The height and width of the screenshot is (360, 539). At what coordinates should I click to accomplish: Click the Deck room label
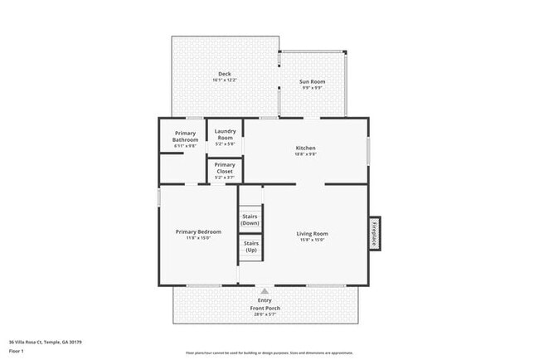tap(225, 74)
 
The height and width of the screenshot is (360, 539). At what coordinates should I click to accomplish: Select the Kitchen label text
tap(306, 148)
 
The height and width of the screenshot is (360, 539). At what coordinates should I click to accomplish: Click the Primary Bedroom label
tap(198, 231)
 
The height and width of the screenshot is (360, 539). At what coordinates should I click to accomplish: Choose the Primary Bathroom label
tap(185, 136)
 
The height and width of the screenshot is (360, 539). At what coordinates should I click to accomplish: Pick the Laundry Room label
tap(225, 134)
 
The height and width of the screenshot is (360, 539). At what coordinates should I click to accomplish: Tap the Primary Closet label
tap(225, 168)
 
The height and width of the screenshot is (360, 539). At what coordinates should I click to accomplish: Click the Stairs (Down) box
tap(250, 220)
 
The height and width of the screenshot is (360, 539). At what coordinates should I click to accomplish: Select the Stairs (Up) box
tap(250, 246)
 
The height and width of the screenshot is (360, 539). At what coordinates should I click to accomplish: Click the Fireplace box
tap(374, 232)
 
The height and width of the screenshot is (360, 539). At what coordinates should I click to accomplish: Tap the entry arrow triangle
tap(265, 291)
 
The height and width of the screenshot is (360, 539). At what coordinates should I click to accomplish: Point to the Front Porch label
tap(265, 308)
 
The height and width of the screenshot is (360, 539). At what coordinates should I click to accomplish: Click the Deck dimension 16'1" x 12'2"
tap(225, 81)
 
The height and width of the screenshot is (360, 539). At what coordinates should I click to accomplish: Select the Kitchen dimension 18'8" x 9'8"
tap(306, 154)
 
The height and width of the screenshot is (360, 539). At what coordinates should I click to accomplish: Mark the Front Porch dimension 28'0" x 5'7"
tap(265, 314)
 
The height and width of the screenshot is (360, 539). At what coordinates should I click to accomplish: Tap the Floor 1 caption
tap(17, 351)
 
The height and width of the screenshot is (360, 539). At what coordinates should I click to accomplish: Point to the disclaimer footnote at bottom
tap(265, 353)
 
